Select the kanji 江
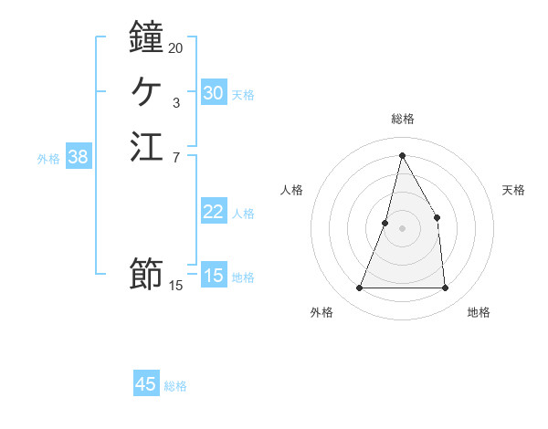pos(146,146)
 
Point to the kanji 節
pos(146,273)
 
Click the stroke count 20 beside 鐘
pos(175,47)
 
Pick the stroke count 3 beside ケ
pos(175,103)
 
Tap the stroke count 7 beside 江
pos(175,158)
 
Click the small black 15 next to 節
pos(175,286)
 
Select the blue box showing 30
pos(213,93)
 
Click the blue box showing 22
pos(213,212)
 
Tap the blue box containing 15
pos(213,276)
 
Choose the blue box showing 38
pos(79,157)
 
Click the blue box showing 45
pos(146,384)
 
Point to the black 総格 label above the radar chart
pos(402,119)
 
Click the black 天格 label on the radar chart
pos(513,190)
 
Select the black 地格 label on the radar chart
pos(479,312)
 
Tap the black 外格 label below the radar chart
pos(321,312)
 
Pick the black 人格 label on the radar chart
pos(292,190)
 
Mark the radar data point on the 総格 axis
pos(402,155)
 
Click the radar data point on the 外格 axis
pos(359,288)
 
